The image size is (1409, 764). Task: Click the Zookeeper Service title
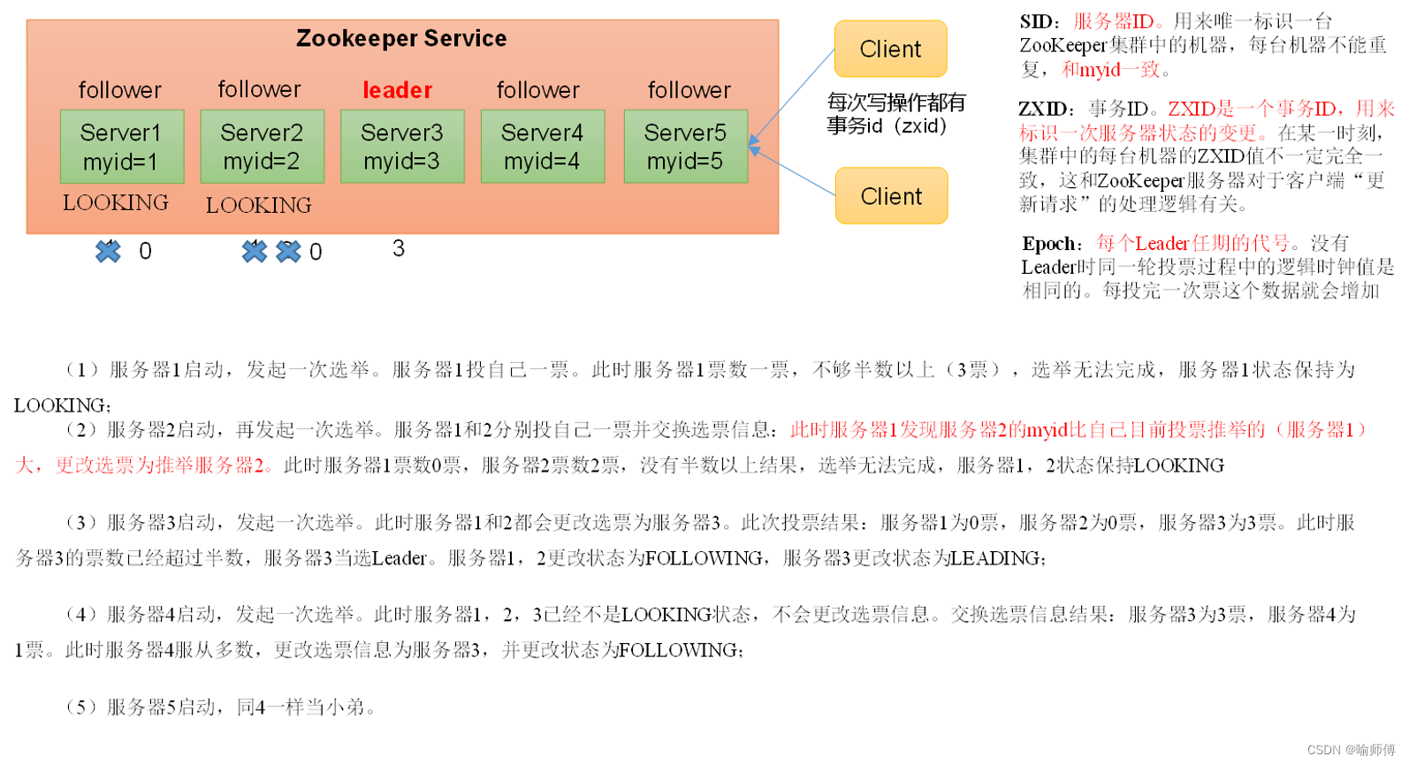[401, 39]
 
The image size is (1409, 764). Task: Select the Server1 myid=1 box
[121, 147]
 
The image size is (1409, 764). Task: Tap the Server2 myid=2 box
[262, 147]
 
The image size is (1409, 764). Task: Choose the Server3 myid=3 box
[402, 147]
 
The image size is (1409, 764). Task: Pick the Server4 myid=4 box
[542, 147]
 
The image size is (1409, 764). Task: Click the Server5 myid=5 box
[685, 147]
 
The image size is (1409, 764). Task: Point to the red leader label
[397, 90]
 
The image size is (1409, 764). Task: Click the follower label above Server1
[119, 90]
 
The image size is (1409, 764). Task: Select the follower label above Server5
[689, 90]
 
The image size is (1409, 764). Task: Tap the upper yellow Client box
[890, 49]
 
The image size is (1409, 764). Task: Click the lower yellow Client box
[891, 196]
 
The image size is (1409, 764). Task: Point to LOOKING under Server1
[116, 203]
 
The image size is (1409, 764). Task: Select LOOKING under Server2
[258, 206]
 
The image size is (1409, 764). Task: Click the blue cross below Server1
[108, 252]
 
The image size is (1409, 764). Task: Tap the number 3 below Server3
[399, 249]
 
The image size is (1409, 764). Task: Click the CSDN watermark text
[1350, 750]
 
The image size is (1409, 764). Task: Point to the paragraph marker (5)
[81, 707]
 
